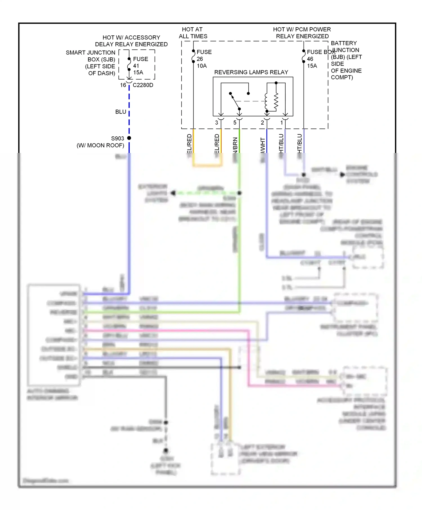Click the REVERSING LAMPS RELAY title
pyautogui.click(x=251, y=72)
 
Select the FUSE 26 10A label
pyautogui.click(x=204, y=59)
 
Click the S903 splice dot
pyautogui.click(x=129, y=138)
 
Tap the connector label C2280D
pyautogui.click(x=143, y=85)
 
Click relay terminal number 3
pyautogui.click(x=216, y=123)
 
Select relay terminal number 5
pyautogui.click(x=235, y=123)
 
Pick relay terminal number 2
pyautogui.click(x=262, y=123)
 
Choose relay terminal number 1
pyautogui.click(x=281, y=123)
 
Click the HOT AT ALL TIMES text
pyautogui.click(x=193, y=33)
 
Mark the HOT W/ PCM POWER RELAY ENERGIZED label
pyautogui.click(x=302, y=33)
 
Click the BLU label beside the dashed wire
pyautogui.click(x=120, y=112)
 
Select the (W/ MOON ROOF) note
pyautogui.click(x=100, y=145)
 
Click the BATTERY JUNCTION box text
pyautogui.click(x=346, y=60)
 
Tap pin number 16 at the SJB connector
pyautogui.click(x=123, y=85)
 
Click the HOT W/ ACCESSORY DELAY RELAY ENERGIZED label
pyautogui.click(x=131, y=41)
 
